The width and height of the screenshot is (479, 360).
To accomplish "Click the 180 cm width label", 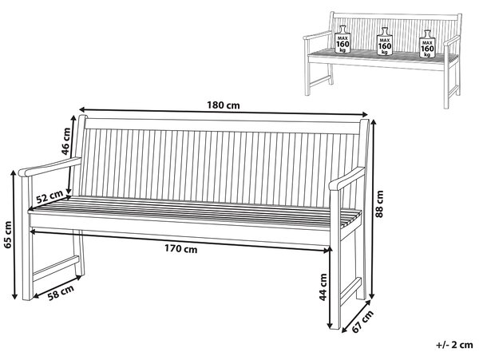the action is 224,105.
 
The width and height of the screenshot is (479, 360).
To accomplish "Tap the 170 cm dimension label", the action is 181,249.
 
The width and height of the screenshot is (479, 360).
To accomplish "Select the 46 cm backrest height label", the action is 65,141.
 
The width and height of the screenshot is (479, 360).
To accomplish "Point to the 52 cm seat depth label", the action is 49,197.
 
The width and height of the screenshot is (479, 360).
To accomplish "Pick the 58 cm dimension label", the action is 61,292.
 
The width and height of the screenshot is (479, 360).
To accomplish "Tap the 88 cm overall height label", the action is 379,204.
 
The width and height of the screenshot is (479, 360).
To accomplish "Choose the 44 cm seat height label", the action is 323,287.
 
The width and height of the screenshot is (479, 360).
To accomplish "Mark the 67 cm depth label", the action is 362,321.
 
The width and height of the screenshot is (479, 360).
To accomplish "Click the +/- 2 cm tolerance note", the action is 454,345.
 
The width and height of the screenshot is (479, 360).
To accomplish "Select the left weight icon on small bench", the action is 342,39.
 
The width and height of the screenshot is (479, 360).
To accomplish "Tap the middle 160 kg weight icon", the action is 384,42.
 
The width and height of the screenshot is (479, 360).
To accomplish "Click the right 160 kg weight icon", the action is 427,44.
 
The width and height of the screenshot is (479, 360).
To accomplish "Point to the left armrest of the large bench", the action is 49,167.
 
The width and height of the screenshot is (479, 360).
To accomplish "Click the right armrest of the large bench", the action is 346,179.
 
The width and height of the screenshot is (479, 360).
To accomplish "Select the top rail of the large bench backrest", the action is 222,125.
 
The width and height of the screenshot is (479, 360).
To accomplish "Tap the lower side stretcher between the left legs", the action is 56,267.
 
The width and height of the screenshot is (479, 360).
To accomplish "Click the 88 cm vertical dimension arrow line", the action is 372,209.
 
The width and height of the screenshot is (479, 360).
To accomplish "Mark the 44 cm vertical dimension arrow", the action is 330,288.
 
